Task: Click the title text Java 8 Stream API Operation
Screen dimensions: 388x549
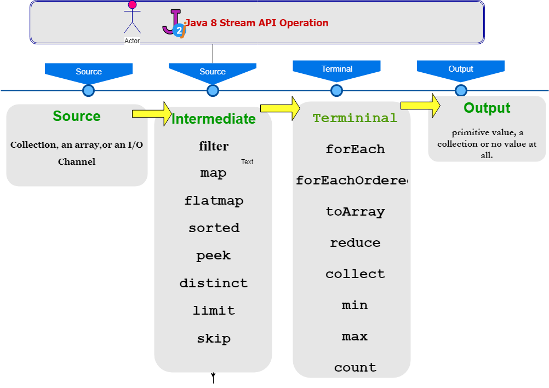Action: click(257, 23)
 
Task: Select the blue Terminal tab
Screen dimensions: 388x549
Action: click(336, 70)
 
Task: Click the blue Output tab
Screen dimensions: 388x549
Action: click(460, 70)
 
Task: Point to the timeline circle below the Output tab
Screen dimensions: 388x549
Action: click(461, 90)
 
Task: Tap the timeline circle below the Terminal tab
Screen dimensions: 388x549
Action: click(336, 90)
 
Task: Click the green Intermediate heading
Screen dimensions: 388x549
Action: click(213, 119)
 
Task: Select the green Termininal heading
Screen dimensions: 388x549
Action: click(354, 118)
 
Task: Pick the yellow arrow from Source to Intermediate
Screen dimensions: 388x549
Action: click(152, 113)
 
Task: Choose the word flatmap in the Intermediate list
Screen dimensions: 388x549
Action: click(213, 201)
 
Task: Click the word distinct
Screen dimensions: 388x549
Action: click(213, 283)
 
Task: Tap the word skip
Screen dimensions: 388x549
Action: click(213, 338)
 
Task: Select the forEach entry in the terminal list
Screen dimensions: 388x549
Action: click(354, 149)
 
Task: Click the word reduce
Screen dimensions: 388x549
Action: click(354, 242)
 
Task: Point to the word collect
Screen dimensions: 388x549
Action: click(354, 274)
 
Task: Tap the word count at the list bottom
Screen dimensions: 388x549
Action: click(354, 367)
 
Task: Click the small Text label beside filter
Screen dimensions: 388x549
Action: click(247, 162)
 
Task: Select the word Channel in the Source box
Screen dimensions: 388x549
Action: click(77, 161)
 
